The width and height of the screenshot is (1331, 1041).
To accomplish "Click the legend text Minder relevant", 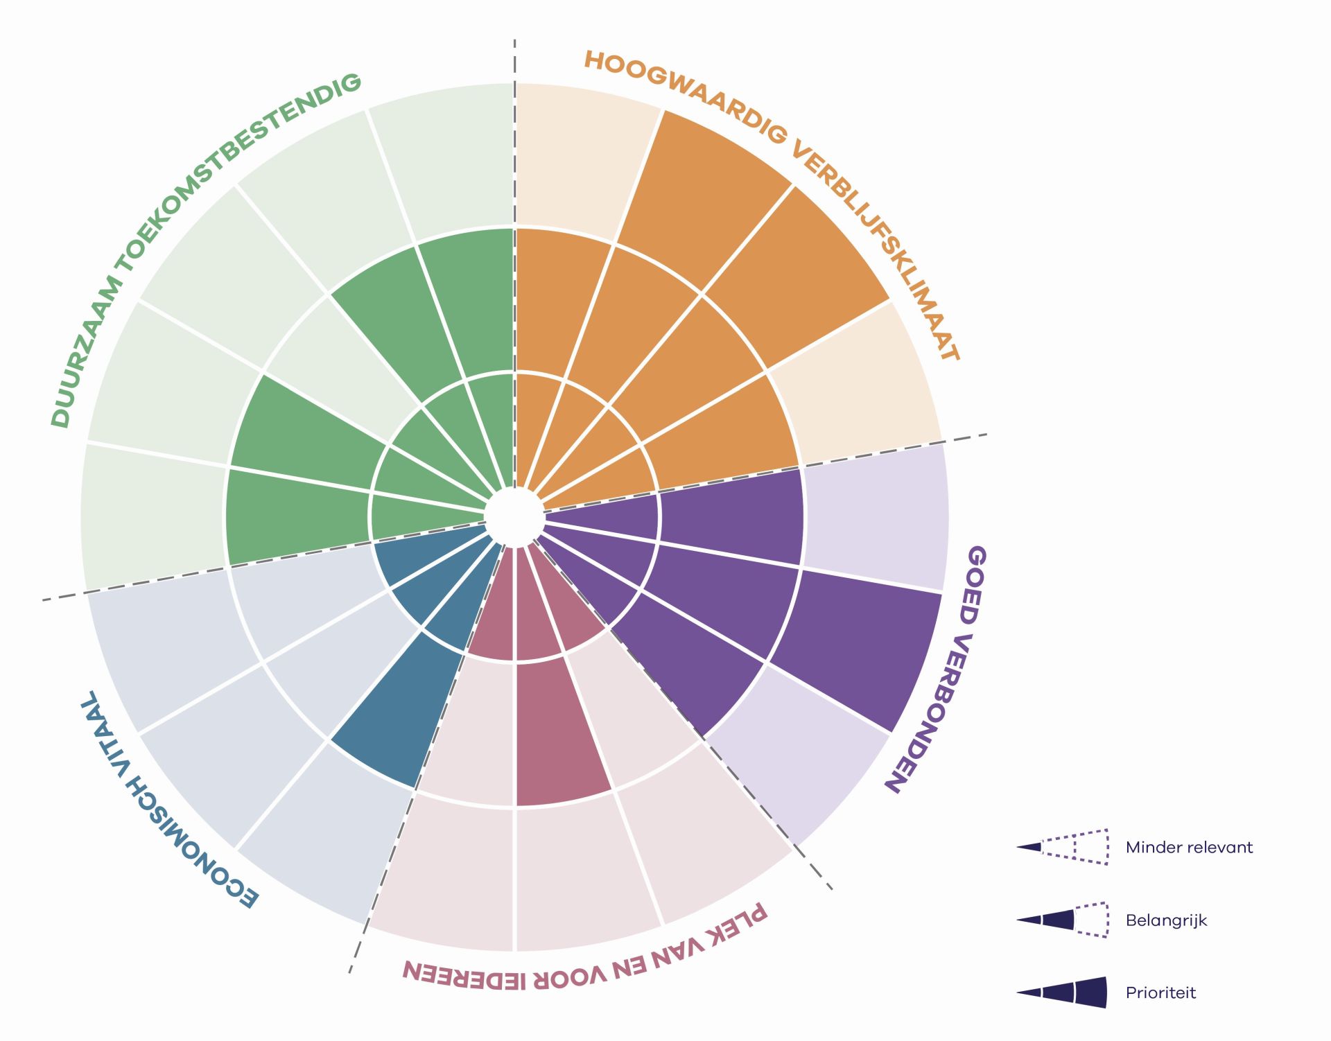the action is point(1189,847).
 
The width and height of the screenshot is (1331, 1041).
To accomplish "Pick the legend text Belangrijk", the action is point(1166,920).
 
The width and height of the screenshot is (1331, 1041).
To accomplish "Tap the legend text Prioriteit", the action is point(1160,992).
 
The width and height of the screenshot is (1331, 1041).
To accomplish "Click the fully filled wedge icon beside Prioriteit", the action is point(1063,992).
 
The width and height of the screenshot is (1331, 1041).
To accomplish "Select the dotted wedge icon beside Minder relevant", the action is point(1063,847).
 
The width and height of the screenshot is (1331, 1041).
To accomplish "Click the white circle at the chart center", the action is point(514,516).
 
